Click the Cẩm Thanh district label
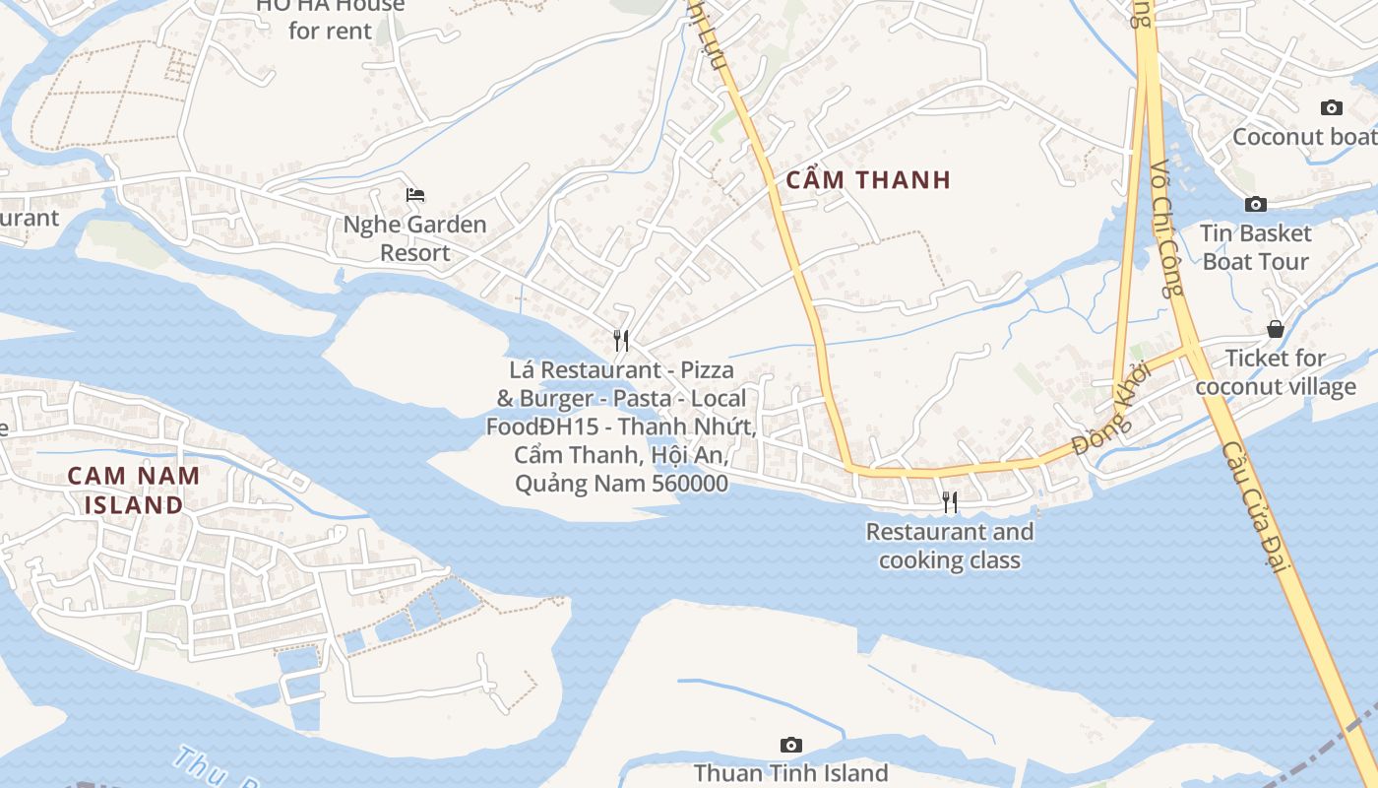coord(868,179)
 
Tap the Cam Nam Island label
coord(134,490)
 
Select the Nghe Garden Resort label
coord(414,238)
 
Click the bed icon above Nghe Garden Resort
coord(415,194)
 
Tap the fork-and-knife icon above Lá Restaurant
coord(621,341)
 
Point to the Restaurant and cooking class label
coord(949,546)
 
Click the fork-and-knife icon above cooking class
coord(950,502)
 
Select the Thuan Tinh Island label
coord(790,773)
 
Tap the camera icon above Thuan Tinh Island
coord(790,745)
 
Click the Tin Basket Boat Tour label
coord(1256,247)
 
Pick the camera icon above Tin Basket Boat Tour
coord(1256,204)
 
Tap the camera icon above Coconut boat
coord(1331,107)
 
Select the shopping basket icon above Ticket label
coord(1276,329)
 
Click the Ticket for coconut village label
coord(1276,371)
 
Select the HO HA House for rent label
coord(330,18)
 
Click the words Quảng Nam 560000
coord(621,484)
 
